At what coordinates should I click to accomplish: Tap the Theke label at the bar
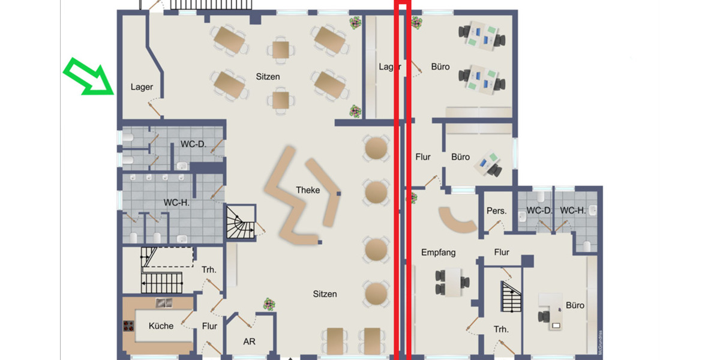308,190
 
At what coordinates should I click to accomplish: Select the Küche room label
161,326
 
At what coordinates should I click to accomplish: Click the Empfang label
438,253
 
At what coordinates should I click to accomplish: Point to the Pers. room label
497,211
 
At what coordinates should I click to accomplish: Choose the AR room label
249,341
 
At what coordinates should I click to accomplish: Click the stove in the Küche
128,326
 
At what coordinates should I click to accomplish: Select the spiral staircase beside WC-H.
241,222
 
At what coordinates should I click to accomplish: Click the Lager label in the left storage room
142,87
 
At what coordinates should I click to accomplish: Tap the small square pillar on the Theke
339,194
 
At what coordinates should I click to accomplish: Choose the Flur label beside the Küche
209,326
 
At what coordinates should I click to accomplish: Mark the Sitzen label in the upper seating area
268,77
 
